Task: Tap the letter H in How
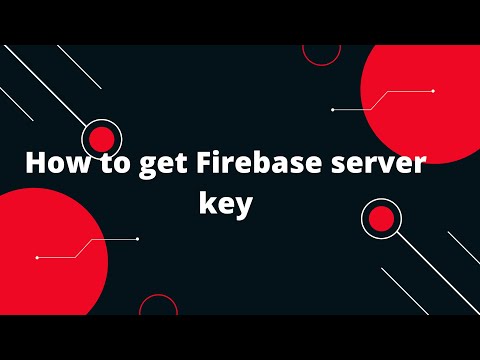point(35,162)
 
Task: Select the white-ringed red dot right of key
point(380,218)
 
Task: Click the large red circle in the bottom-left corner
point(45,248)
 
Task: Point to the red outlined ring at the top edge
point(320,50)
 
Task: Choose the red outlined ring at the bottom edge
point(157,308)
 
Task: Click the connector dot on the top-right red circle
point(432,91)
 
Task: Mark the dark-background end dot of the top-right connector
point(332,109)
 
